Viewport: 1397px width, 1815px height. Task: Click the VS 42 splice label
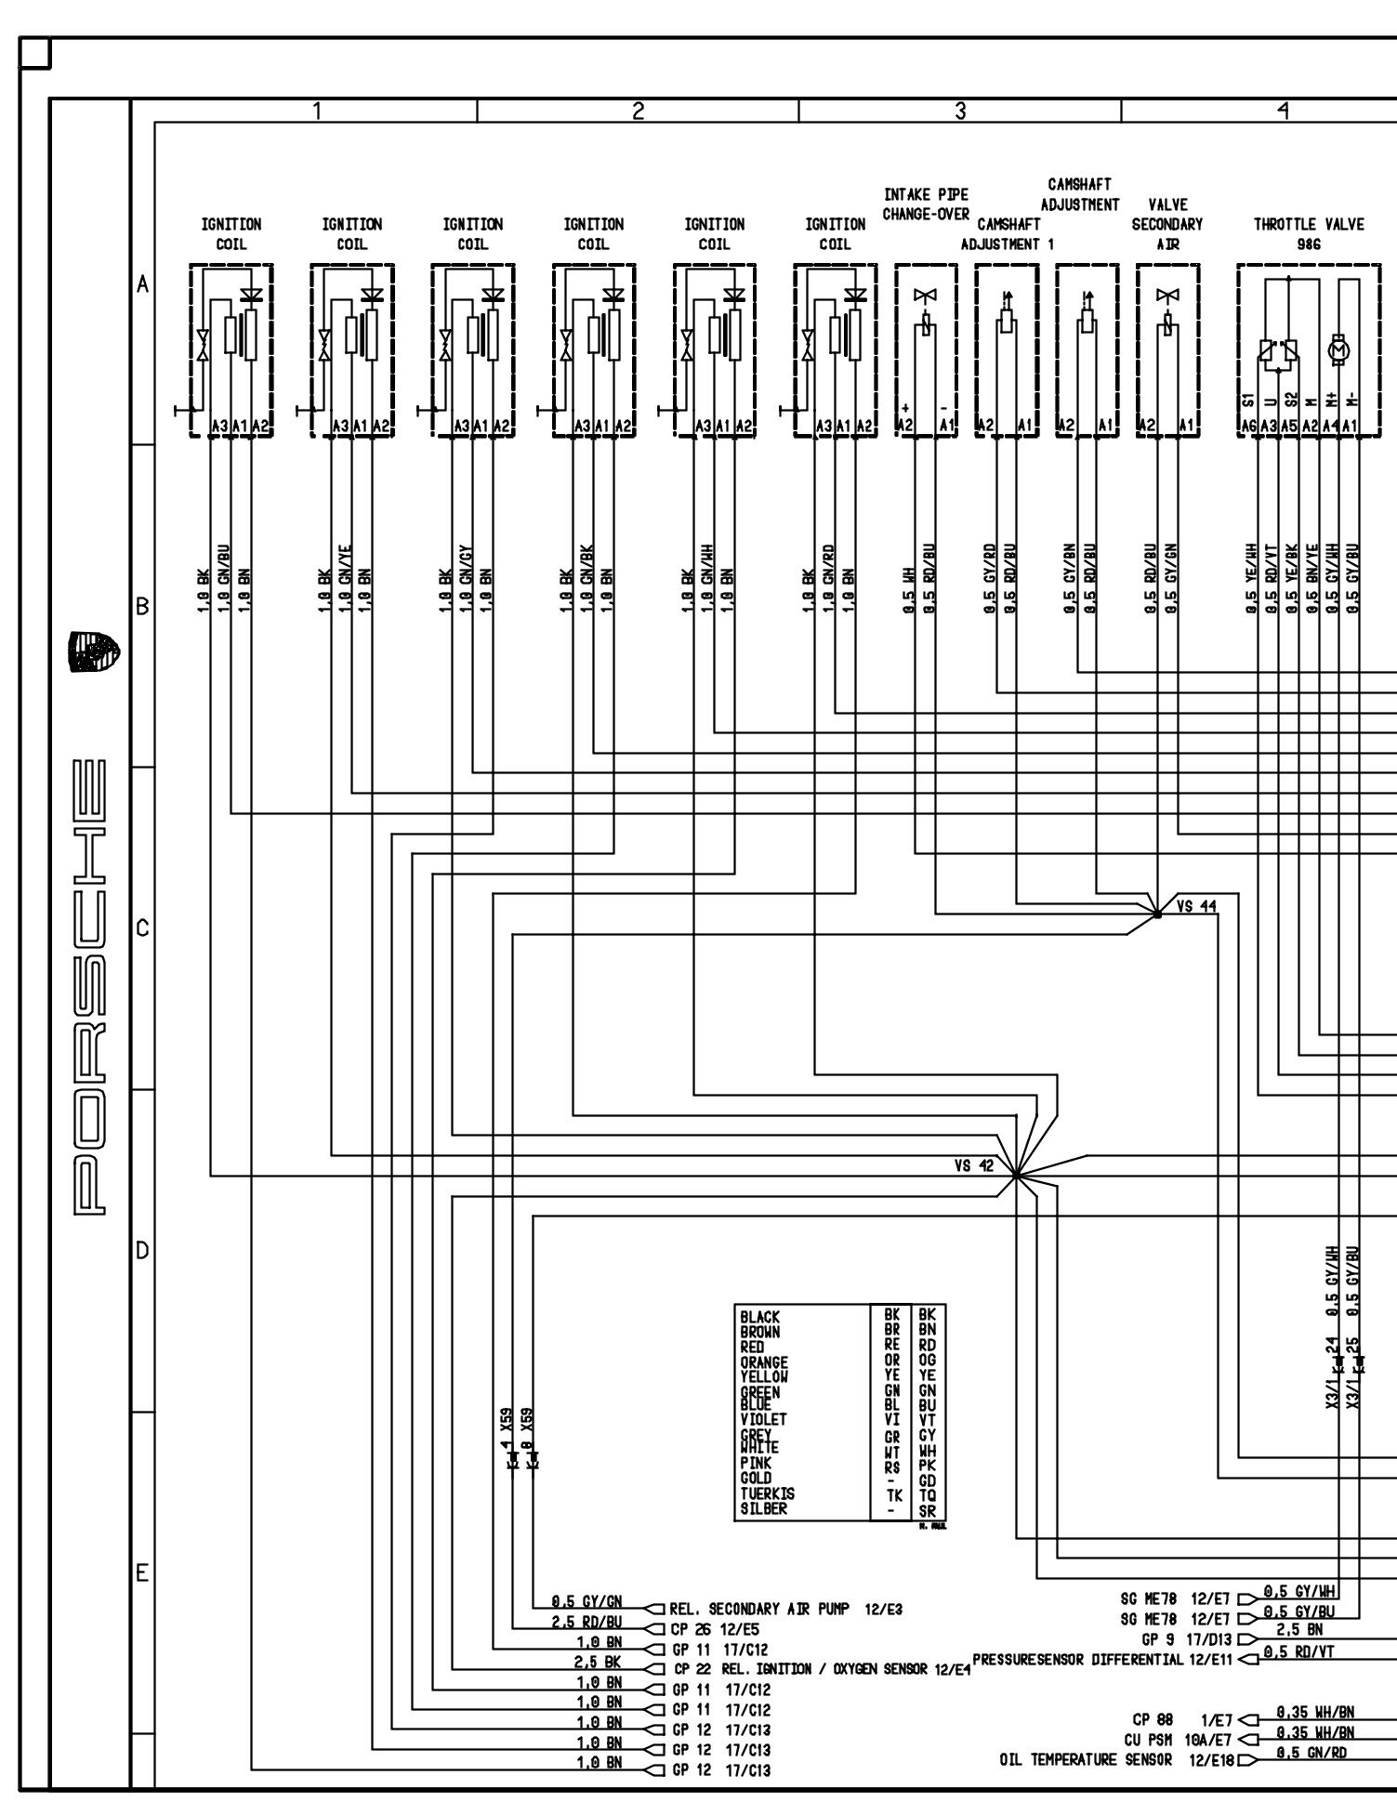973,1166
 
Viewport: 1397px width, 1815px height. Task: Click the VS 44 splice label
1196,907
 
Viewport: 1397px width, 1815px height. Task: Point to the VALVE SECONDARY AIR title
1167,224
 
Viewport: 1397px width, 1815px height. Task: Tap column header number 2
638,112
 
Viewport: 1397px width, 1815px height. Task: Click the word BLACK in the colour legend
760,1317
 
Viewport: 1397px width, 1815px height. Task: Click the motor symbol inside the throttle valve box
1339,349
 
